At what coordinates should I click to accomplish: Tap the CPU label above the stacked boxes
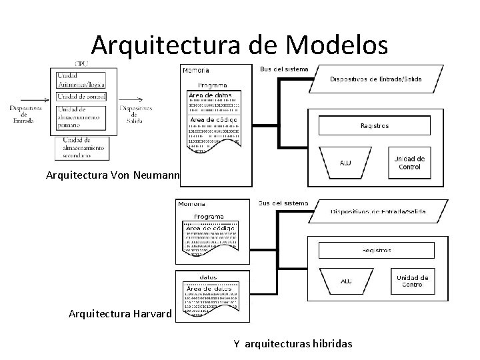point(82,63)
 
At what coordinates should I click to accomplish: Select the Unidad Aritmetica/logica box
point(82,79)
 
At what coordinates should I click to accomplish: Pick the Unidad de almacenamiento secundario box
point(82,147)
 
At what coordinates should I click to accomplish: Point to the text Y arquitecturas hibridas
point(293,343)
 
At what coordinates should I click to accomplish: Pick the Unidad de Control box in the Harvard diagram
point(411,281)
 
